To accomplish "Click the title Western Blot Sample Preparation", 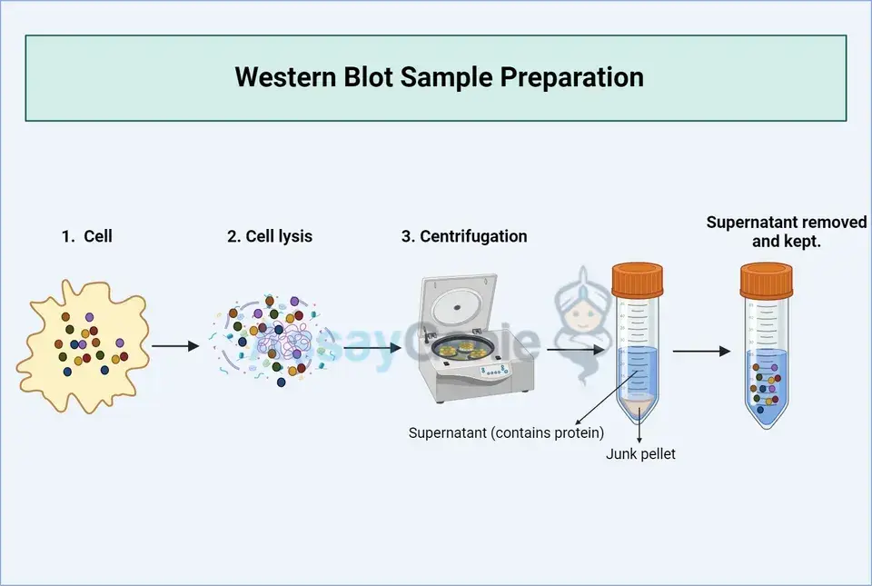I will [439, 77].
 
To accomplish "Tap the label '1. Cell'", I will [87, 236].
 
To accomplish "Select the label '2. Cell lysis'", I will [270, 236].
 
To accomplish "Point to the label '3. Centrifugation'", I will [464, 236].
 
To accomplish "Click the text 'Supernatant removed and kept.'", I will [786, 232].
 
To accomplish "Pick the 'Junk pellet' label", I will [641, 453].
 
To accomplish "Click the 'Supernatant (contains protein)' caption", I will [506, 432].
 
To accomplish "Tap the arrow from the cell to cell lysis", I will [174, 346].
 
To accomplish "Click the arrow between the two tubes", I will [701, 351].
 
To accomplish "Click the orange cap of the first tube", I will [637, 278].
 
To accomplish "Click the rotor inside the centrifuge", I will [464, 347].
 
